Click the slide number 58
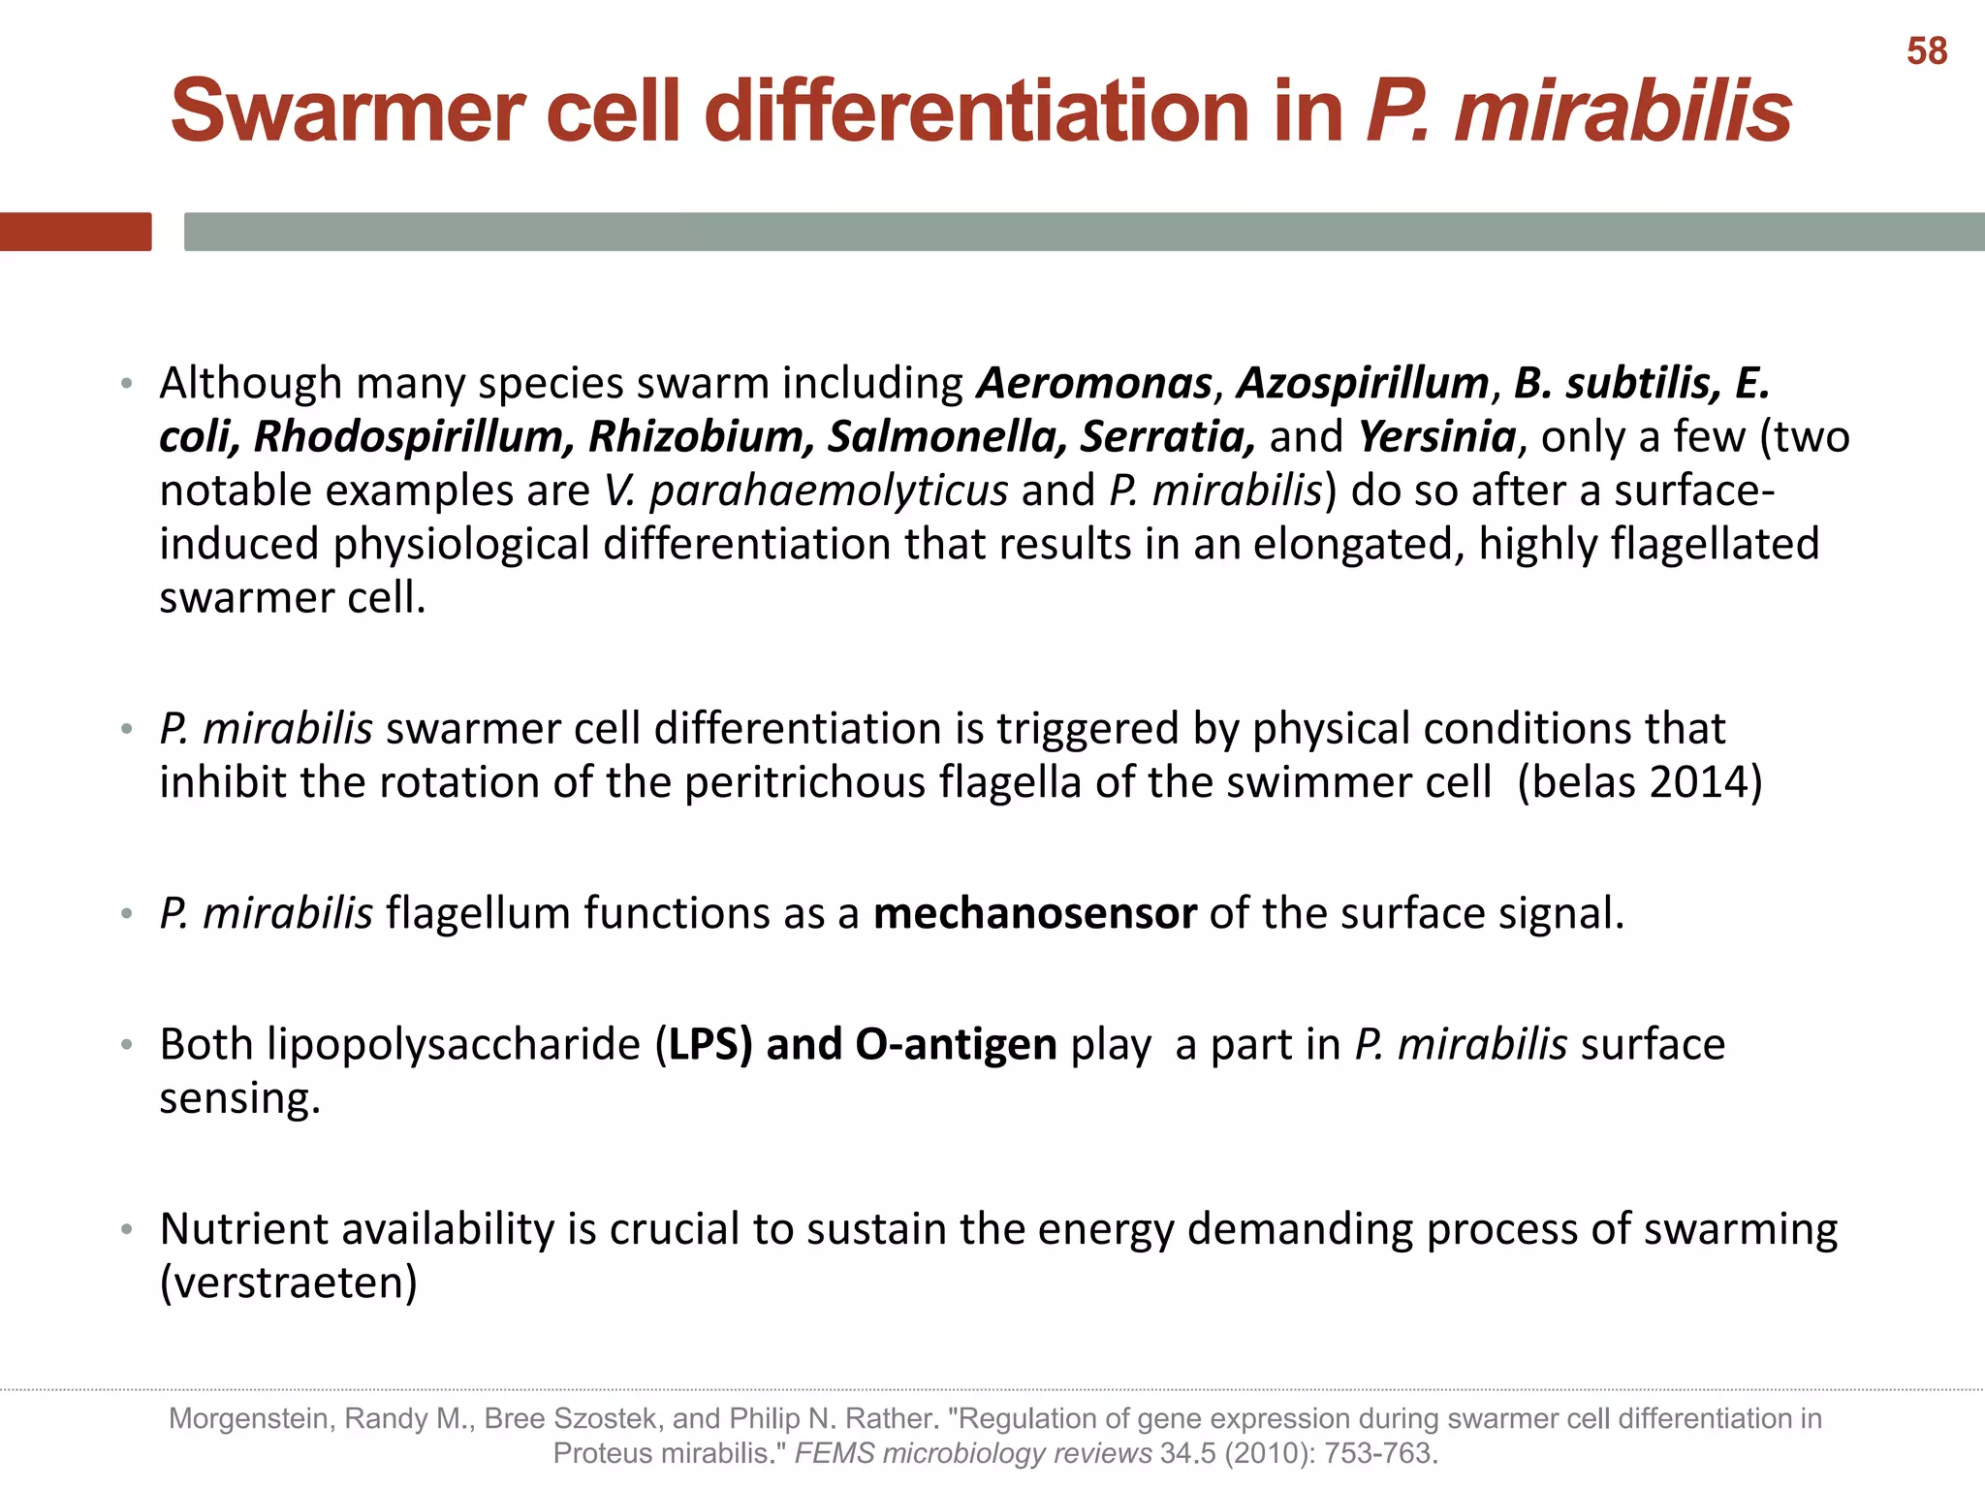pyautogui.click(x=1926, y=51)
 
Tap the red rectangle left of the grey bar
pyautogui.click(x=76, y=232)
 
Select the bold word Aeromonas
pyautogui.click(x=1094, y=383)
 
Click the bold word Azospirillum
pyautogui.click(x=1363, y=383)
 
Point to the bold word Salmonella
pyautogui.click(x=946, y=436)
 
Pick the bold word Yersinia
pyautogui.click(x=1436, y=436)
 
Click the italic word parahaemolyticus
pyautogui.click(x=828, y=491)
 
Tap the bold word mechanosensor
pyautogui.click(x=1034, y=914)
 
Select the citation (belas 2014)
pyautogui.click(x=1639, y=782)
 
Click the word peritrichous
pyautogui.click(x=804, y=782)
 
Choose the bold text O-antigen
pyautogui.click(x=956, y=1045)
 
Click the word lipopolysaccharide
pyautogui.click(x=454, y=1045)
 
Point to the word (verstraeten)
pyautogui.click(x=288, y=1283)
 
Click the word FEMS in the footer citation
pyautogui.click(x=835, y=1453)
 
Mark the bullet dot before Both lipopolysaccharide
pyautogui.click(x=126, y=1045)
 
